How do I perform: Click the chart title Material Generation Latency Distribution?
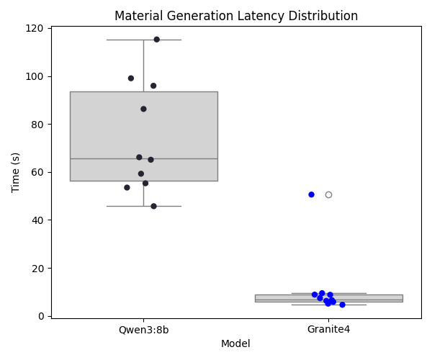pos(236,16)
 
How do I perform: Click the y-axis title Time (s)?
pos(16,172)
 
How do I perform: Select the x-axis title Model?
pos(235,344)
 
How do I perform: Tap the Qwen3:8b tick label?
pos(143,330)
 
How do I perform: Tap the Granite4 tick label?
pos(328,330)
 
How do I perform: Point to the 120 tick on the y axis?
pos(37,29)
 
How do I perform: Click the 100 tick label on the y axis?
pos(37,76)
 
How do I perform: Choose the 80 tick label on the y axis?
pos(40,125)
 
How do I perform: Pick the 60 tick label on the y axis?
pos(40,172)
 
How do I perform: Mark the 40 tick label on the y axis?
pos(40,220)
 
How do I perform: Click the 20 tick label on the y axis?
pos(40,268)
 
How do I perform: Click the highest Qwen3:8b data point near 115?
pos(156,40)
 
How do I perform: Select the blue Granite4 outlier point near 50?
pos(311,194)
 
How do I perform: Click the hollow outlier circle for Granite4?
pos(328,194)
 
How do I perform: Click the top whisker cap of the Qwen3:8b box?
pos(143,40)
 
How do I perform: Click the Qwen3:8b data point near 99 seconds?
pos(130,78)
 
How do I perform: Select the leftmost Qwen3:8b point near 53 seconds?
pos(127,187)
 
